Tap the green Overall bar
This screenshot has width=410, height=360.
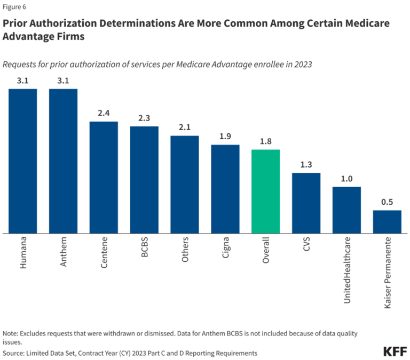point(265,191)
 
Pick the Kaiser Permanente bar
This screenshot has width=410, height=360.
point(387,222)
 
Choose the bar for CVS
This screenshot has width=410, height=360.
point(306,203)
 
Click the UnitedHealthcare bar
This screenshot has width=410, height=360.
point(346,210)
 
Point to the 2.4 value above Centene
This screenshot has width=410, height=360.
point(104,113)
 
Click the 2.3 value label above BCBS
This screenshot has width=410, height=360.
point(144,118)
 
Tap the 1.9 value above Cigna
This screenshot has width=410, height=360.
point(225,136)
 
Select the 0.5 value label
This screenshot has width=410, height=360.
point(387,202)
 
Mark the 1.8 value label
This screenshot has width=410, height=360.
point(265,141)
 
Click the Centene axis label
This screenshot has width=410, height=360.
point(104,254)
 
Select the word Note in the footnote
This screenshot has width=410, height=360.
point(12,332)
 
